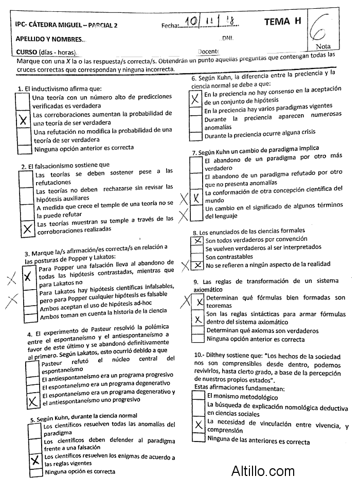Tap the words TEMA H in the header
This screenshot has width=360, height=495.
coord(282,21)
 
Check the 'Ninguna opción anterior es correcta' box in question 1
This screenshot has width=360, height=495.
coord(24,149)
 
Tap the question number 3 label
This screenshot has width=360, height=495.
coord(27,254)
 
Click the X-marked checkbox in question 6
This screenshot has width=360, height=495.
coord(195,99)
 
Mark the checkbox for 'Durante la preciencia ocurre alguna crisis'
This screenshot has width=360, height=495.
coord(196,136)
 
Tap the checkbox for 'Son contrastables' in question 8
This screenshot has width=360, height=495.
coord(197,257)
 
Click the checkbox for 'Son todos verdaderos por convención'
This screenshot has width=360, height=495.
coord(197,240)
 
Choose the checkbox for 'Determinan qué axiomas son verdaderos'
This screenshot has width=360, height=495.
coord(198,331)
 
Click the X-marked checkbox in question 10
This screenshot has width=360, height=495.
coord(198,425)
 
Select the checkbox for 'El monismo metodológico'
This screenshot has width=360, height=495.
coord(198,397)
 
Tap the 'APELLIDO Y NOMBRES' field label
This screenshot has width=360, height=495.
coord(48,39)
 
